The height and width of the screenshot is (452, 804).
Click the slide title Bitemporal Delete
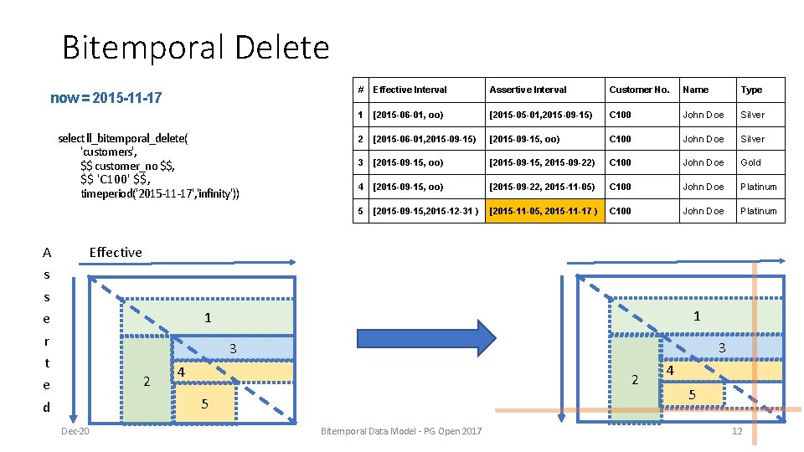[195, 48]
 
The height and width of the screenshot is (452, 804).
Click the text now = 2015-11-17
[106, 98]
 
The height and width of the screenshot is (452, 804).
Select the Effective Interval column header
[410, 90]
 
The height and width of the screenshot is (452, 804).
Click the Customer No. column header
[639, 90]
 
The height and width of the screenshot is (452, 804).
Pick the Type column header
[751, 90]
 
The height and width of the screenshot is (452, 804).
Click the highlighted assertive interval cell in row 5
[544, 211]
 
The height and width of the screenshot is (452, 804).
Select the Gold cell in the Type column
[750, 162]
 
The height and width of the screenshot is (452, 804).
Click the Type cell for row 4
[758, 187]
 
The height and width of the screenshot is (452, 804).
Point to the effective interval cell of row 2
[424, 139]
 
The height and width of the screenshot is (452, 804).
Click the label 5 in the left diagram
[205, 403]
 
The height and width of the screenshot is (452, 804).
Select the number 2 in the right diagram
[634, 380]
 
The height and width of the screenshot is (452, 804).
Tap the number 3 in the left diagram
[234, 348]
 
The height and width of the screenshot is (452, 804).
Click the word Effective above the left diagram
[116, 252]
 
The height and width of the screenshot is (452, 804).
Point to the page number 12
[737, 431]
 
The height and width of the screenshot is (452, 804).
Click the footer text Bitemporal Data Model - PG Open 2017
[401, 431]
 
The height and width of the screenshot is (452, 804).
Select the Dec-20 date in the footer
[75, 431]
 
